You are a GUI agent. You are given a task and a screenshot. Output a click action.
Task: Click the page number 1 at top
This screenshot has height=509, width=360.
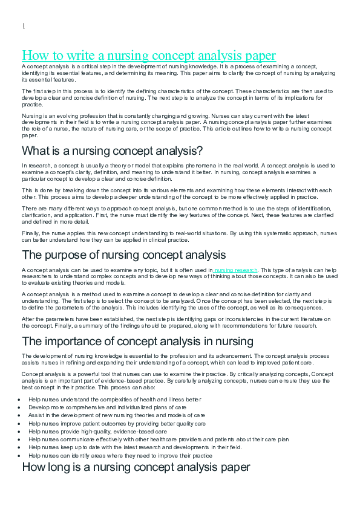click(x=24, y=26)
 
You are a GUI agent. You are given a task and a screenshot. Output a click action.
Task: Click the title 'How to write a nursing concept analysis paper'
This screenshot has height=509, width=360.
click(x=149, y=56)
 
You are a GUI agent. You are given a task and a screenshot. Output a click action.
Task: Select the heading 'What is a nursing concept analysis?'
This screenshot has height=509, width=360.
click(x=112, y=151)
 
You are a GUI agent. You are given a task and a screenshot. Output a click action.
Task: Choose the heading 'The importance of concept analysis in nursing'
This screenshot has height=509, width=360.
click(x=137, y=341)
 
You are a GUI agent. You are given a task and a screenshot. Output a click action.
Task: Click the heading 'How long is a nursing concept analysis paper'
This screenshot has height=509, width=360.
click(x=136, y=467)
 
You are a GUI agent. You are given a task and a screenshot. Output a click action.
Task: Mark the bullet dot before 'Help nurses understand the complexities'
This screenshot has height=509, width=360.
click(x=20, y=400)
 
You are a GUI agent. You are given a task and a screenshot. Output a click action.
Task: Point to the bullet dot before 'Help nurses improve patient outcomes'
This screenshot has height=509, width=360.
click(x=20, y=424)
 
